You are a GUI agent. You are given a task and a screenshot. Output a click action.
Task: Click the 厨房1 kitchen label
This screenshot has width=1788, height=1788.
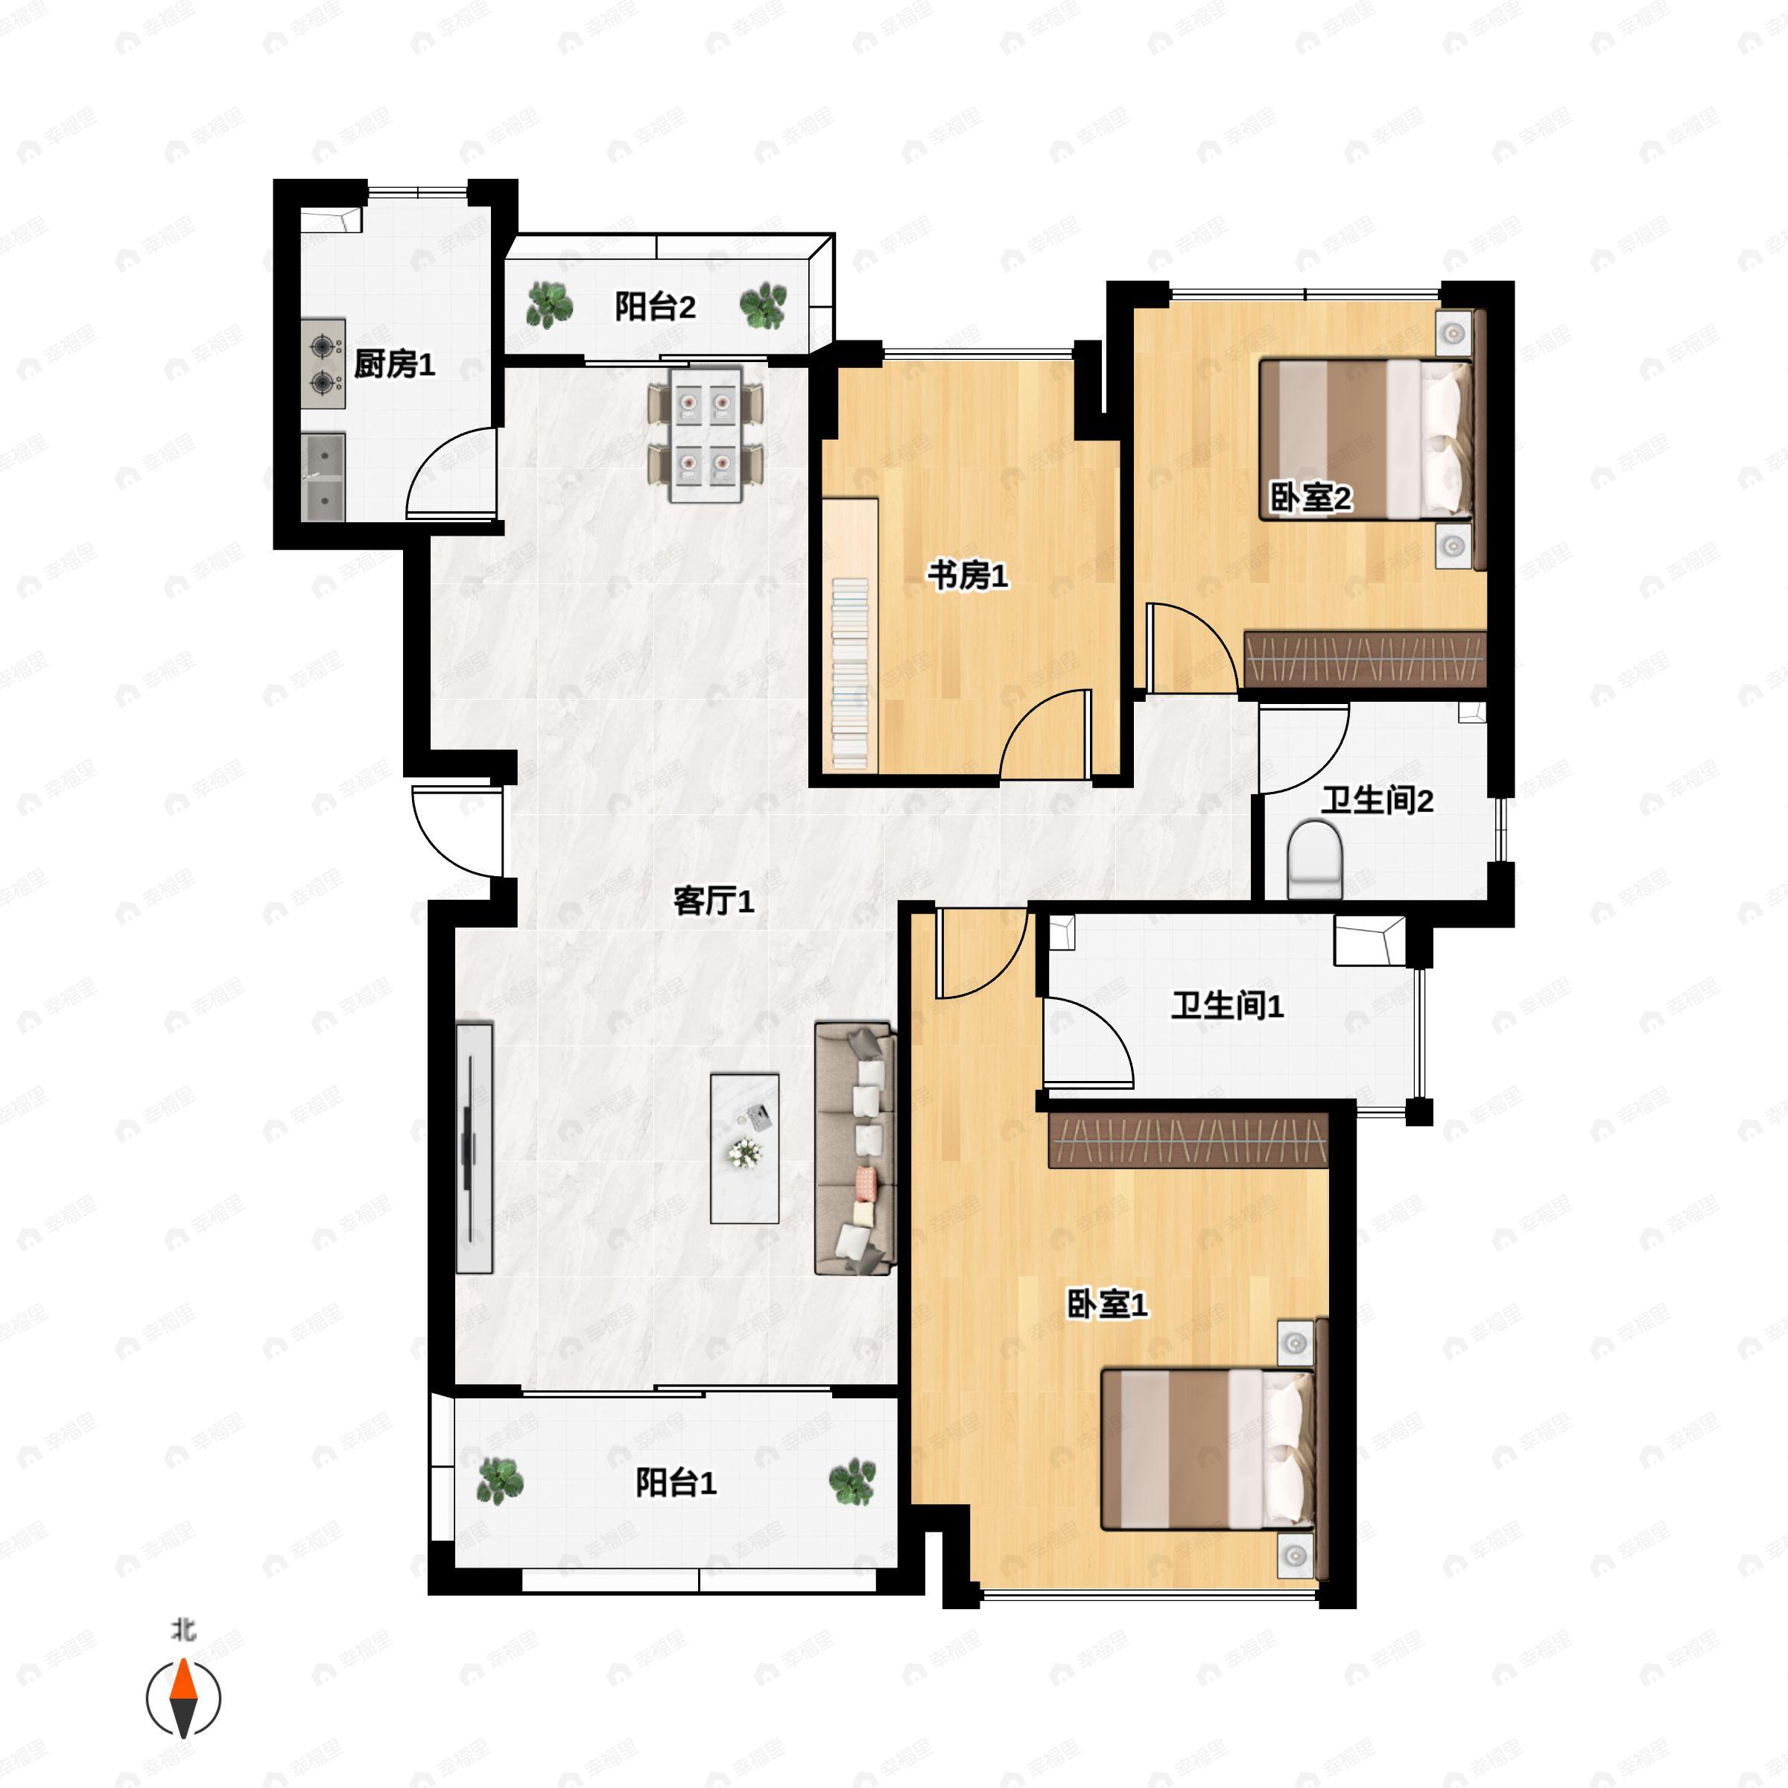coord(394,364)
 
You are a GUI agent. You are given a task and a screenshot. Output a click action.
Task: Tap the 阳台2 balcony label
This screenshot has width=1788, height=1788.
coord(656,306)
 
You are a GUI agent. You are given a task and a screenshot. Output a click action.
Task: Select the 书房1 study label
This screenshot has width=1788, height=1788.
coord(967,576)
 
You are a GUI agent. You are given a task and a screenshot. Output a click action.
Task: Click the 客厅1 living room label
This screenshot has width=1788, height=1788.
coord(714,901)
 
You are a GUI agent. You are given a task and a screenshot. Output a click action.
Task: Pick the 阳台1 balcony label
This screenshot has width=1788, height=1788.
coord(676,1483)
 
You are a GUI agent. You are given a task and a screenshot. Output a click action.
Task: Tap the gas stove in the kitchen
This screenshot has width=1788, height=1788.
coord(323,364)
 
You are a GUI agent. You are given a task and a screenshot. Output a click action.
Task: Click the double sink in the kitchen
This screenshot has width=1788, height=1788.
coord(323,477)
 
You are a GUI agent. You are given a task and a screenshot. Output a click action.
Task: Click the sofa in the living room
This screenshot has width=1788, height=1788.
coord(855,1149)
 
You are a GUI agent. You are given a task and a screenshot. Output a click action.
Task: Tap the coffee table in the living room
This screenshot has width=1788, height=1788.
coord(745,1149)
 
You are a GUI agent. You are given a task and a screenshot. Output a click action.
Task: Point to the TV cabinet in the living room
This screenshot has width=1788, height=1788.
coord(474,1149)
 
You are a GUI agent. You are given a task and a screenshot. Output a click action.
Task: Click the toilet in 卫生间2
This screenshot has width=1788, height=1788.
coord(1314,860)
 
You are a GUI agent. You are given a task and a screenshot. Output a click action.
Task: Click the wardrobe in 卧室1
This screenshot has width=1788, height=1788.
coord(1188,1140)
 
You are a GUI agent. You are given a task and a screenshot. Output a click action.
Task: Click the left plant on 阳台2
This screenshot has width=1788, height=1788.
coord(549,305)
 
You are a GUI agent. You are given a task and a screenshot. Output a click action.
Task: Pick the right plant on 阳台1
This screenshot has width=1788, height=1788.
coord(852,1483)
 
